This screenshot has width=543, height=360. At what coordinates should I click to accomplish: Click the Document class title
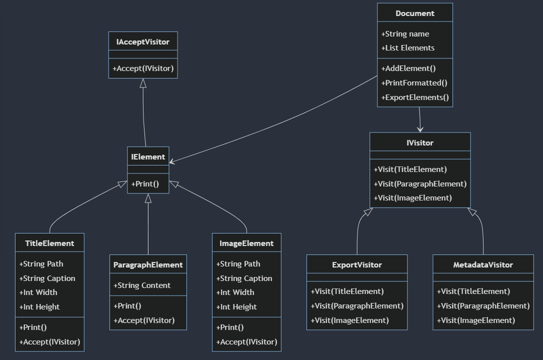414,13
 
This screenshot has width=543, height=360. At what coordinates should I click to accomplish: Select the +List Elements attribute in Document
407,48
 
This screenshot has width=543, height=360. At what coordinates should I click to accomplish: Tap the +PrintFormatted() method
414,83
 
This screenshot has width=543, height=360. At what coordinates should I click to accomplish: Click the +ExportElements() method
414,97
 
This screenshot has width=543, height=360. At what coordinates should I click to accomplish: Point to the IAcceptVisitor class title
143,42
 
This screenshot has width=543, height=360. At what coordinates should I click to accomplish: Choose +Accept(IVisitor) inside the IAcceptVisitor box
143,68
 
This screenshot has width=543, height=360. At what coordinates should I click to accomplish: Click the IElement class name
148,157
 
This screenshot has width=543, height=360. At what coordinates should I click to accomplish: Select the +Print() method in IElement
145,184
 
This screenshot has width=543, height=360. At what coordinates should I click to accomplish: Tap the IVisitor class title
420,143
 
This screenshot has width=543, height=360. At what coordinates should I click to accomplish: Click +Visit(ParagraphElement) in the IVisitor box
420,184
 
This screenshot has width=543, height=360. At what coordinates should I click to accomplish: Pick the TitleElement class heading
49,243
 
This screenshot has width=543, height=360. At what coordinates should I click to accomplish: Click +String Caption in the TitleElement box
47,278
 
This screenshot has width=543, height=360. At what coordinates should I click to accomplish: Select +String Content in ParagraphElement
142,285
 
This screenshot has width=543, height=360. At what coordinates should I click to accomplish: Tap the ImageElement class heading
246,243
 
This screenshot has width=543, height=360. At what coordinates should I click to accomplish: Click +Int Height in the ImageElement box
236,307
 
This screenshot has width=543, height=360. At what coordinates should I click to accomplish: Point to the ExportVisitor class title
357,265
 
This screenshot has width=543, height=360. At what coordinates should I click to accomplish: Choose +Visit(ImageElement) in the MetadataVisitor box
475,320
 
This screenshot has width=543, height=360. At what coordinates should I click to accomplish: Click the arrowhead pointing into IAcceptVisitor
143,83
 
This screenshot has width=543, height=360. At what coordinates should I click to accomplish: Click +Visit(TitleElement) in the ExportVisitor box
347,291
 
